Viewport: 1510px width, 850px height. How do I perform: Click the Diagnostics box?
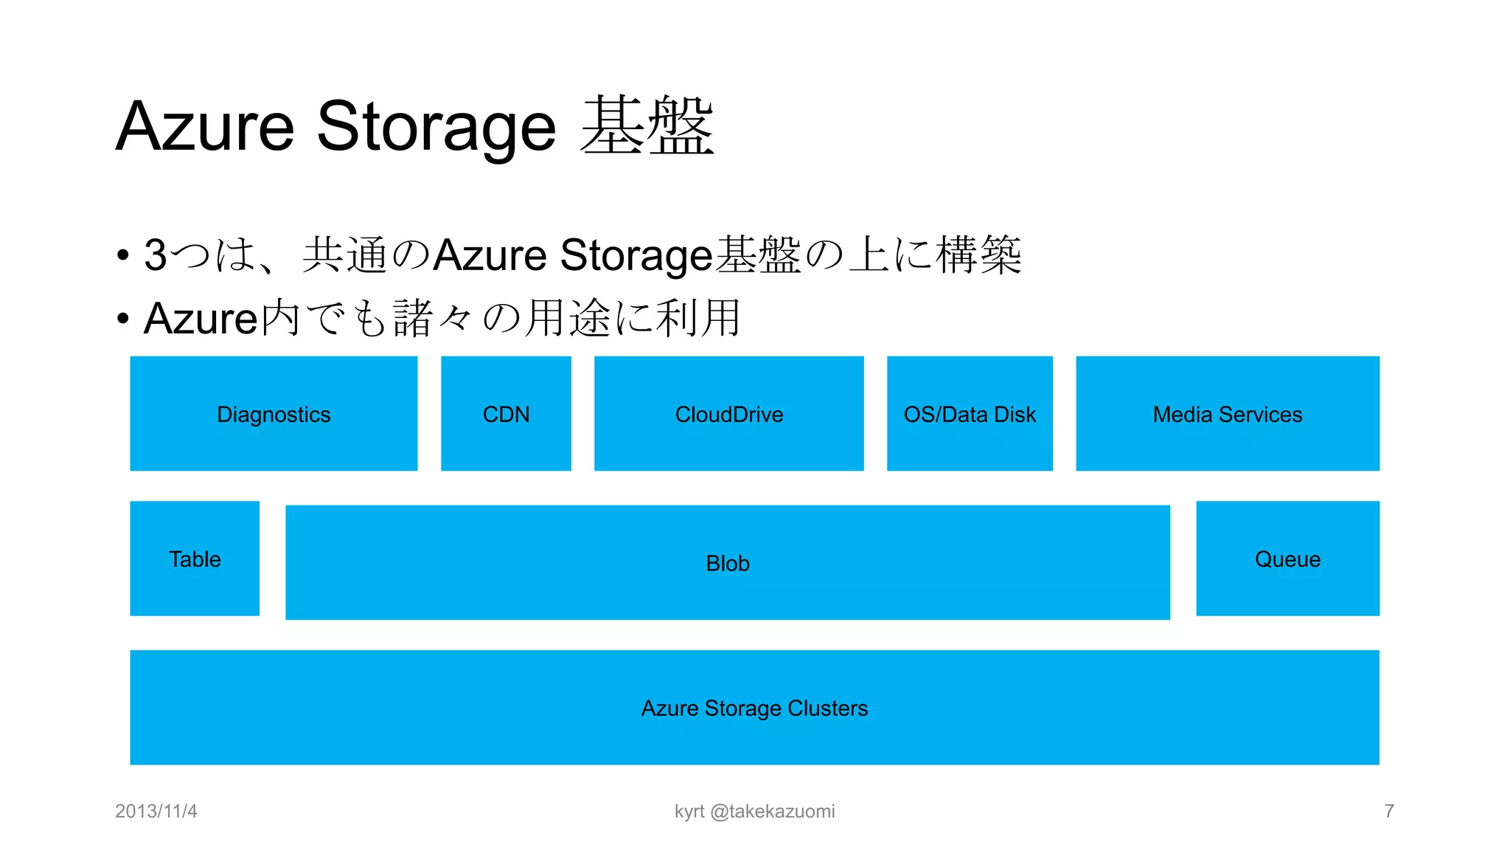[274, 414]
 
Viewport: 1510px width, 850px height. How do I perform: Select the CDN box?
[506, 414]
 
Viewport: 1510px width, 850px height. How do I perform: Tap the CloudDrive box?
[728, 414]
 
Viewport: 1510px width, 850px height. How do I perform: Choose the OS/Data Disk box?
[970, 414]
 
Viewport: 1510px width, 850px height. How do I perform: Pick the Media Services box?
[1228, 414]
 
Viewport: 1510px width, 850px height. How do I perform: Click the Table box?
[195, 559]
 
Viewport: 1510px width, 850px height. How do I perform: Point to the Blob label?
[728, 564]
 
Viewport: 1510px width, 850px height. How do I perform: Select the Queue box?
[1287, 559]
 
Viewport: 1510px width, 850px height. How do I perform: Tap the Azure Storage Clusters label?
[754, 708]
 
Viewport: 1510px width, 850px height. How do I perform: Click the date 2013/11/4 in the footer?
[156, 812]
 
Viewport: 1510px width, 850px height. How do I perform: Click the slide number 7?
[1389, 812]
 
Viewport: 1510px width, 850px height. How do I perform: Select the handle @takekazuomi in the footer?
[773, 812]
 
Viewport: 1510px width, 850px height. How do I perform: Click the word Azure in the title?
[205, 127]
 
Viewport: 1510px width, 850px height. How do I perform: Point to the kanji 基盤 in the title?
[647, 127]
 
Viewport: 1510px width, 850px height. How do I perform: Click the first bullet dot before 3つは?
[123, 256]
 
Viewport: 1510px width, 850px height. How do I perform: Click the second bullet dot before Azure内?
[123, 319]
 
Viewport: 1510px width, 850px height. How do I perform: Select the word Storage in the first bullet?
[636, 255]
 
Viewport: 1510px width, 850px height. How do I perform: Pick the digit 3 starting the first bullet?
[156, 255]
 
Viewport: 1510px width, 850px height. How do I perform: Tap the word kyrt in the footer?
[689, 812]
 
